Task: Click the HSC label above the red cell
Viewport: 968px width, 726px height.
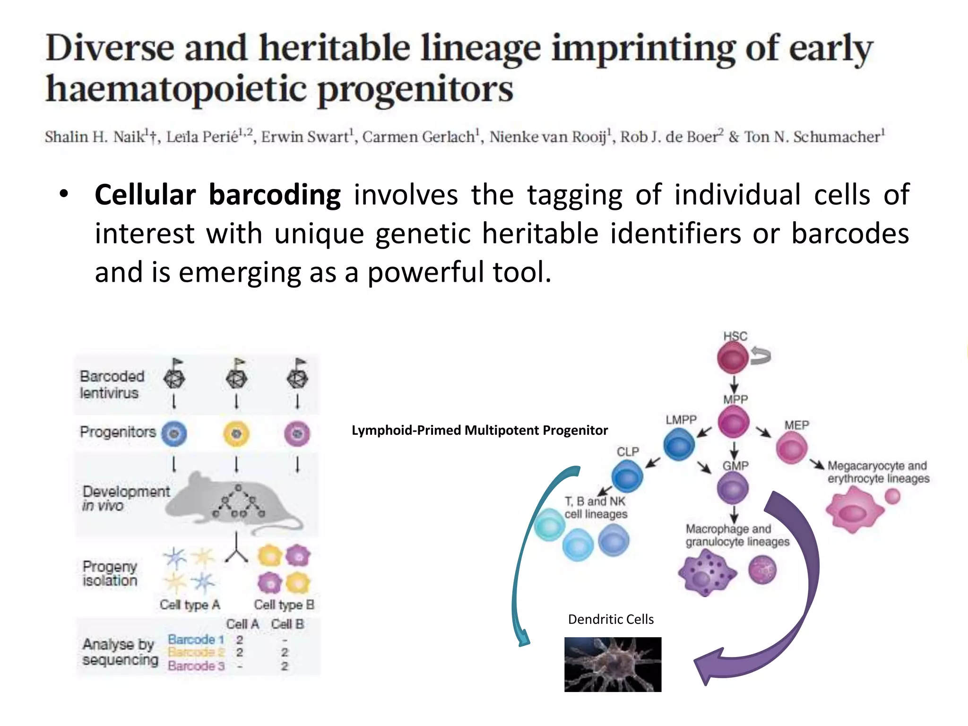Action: point(735,336)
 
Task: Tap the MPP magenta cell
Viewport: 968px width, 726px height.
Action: point(733,422)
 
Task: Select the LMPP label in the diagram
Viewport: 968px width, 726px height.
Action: point(681,420)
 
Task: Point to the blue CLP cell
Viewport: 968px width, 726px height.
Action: point(627,476)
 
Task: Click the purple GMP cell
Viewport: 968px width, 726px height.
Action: point(733,488)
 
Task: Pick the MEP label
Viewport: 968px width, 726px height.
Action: point(796,425)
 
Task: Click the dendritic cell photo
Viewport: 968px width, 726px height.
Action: point(613,664)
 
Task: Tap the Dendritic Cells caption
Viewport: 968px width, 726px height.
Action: point(611,619)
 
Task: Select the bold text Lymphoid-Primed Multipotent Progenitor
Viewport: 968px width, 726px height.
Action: point(479,430)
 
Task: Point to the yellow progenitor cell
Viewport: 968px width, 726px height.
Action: point(236,434)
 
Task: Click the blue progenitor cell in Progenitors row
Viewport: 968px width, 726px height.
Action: point(174,434)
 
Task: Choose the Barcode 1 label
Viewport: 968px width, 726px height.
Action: point(196,640)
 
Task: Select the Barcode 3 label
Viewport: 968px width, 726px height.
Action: point(196,666)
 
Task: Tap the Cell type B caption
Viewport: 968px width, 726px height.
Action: point(284,605)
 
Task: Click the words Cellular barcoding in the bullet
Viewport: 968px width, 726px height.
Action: point(217,195)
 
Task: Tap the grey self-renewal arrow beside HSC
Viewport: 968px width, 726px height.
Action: point(761,355)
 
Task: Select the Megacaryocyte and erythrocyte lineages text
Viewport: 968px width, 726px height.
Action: point(878,472)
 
